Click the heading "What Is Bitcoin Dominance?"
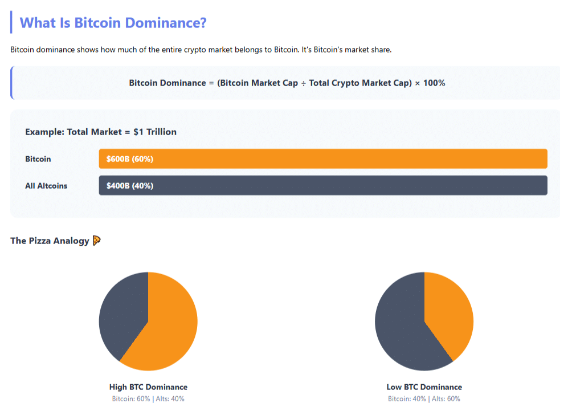click(x=113, y=23)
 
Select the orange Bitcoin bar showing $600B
click(x=342, y=159)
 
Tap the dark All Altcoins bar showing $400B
click(x=342, y=185)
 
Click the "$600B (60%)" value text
click(x=130, y=159)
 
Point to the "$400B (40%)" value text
click(x=130, y=185)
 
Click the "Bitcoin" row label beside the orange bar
click(x=38, y=159)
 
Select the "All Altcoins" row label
click(x=46, y=185)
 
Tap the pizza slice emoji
click(x=96, y=241)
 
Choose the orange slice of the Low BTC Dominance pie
click(x=450, y=314)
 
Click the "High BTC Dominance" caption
click(x=148, y=387)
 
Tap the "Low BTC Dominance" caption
click(x=424, y=387)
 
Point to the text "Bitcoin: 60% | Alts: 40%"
click(x=148, y=398)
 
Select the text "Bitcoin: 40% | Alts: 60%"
click(x=424, y=398)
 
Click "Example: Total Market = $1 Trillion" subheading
click(x=101, y=132)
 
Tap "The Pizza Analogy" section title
click(x=50, y=241)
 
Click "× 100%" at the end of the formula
click(x=430, y=83)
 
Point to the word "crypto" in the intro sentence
click(x=195, y=50)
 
